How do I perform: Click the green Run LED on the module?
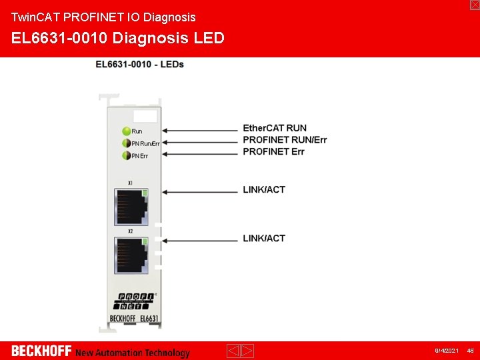tap(125, 131)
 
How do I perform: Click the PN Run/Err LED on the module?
tap(125, 143)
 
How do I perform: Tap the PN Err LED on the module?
tap(125, 155)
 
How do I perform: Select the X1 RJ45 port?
tap(131, 207)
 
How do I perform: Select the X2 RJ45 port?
tap(131, 255)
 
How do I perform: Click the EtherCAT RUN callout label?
tap(275, 128)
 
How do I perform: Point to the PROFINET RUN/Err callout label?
tap(285, 140)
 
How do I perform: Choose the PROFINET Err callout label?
tap(273, 151)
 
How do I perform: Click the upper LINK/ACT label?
tap(264, 190)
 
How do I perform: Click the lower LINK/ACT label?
tap(264, 238)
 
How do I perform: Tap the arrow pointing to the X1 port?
tap(200, 191)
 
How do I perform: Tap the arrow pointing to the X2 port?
tap(200, 240)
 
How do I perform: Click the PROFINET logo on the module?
tap(136, 300)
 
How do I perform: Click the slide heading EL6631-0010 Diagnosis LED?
tap(118, 38)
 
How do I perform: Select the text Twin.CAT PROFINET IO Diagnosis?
tap(103, 17)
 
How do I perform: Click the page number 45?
tap(470, 351)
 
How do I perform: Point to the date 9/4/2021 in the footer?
tap(447, 351)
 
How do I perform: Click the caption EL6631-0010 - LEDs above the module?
tap(140, 64)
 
